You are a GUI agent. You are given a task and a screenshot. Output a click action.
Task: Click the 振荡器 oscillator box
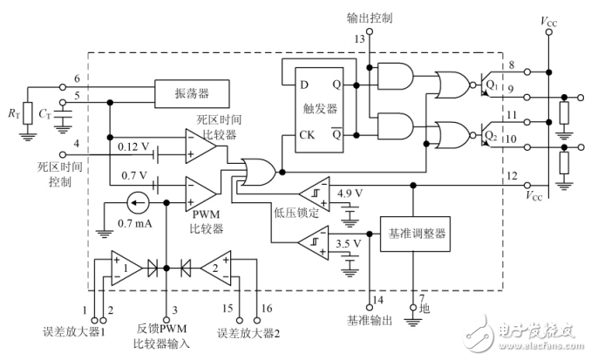pos(192,92)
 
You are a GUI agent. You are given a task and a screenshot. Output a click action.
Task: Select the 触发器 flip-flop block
pos(321,110)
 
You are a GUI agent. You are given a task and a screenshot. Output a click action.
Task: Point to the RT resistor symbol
pos(28,112)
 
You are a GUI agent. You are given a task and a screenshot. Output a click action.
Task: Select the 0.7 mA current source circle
pos(133,204)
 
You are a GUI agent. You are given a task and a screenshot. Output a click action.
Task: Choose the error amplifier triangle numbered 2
pos(211,268)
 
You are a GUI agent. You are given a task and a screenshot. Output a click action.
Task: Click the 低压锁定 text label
pos(290,212)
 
